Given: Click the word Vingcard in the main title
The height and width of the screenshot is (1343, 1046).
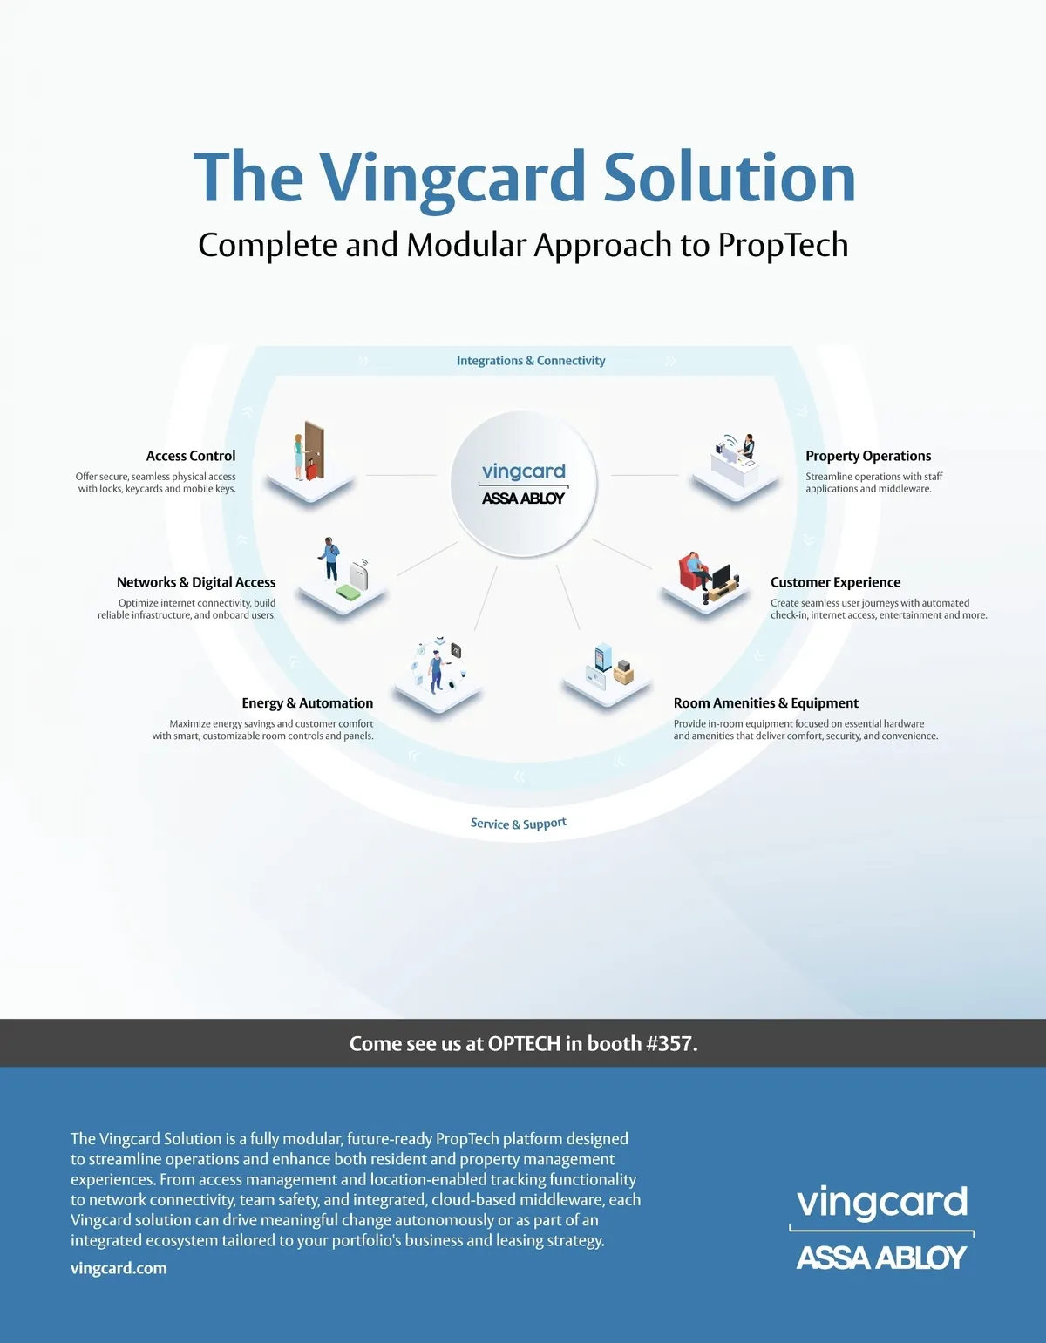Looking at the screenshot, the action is tap(452, 180).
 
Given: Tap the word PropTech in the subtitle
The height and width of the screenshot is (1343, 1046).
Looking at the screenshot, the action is tap(783, 246).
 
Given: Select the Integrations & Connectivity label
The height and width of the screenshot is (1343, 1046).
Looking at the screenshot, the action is tap(531, 361).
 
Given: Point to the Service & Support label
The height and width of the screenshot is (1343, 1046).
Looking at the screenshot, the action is tap(519, 824).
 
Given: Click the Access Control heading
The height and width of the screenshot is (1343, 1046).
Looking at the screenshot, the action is tap(191, 456).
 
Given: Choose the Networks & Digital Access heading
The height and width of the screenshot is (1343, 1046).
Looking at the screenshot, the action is tap(196, 583).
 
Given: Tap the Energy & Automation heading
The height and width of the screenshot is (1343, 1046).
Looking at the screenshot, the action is tap(307, 703).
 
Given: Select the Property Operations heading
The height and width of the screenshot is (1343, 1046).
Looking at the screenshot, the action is tap(868, 456).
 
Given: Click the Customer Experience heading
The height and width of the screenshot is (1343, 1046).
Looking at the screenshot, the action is tap(835, 582).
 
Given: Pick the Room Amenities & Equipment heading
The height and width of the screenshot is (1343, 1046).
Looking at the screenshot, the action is tap(765, 703).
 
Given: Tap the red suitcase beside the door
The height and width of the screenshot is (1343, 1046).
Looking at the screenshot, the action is tap(312, 469).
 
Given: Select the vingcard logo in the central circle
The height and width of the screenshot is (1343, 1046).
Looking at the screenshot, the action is tap(523, 471).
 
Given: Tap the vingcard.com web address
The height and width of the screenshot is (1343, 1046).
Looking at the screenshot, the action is tap(119, 1268).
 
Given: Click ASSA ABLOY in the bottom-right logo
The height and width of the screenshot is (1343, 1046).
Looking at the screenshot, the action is tap(881, 1257).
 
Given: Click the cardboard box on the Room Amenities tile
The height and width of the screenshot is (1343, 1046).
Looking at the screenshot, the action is tap(622, 674).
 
